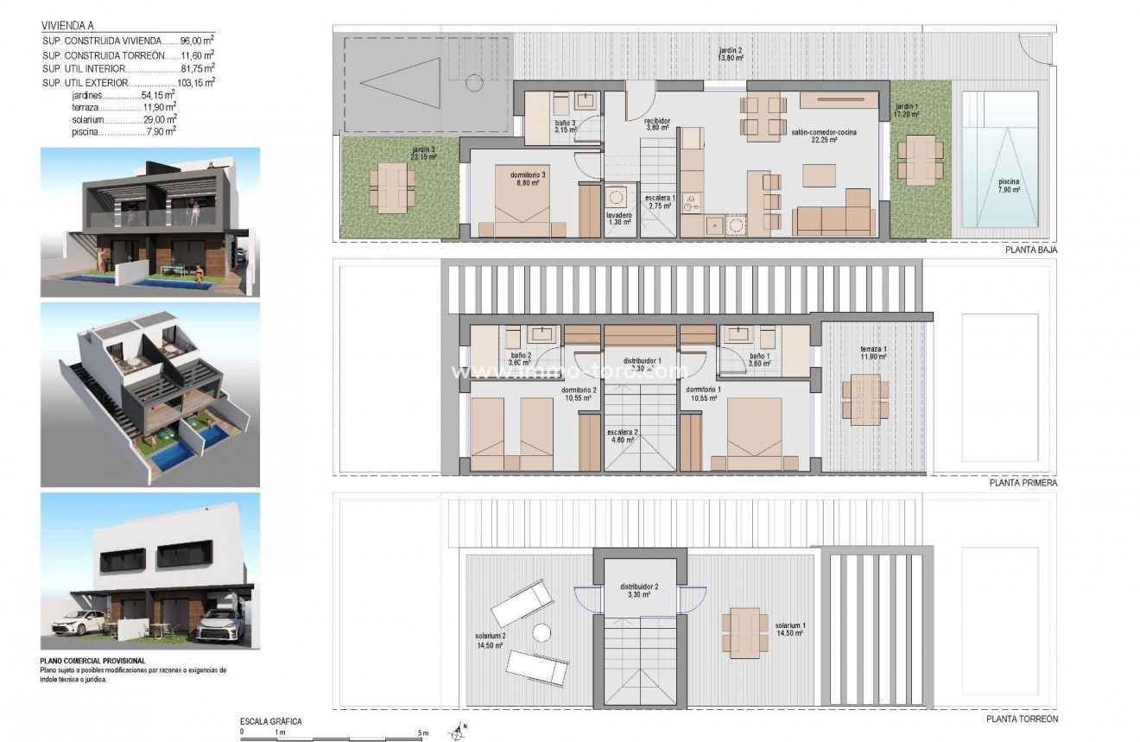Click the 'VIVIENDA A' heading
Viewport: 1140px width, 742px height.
tap(67, 25)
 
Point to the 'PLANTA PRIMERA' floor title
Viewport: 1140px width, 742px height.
tap(1023, 484)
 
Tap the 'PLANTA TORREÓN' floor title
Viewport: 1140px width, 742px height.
tap(1023, 718)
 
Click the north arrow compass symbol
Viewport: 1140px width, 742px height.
tap(456, 732)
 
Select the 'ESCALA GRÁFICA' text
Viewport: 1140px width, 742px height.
tap(271, 720)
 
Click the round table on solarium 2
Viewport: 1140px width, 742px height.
tap(541, 633)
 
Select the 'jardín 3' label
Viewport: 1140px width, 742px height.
tap(423, 153)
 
